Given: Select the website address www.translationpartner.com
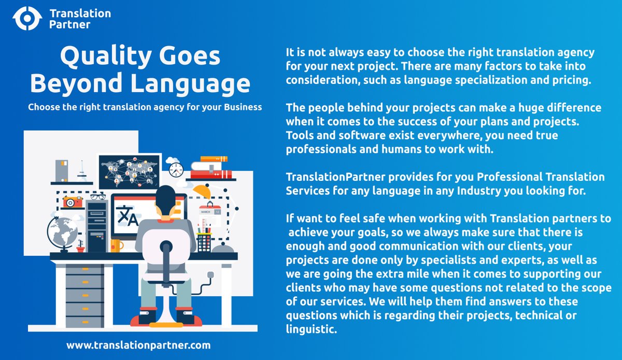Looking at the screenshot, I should click(138, 344).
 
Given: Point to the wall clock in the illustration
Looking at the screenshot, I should click(176, 169).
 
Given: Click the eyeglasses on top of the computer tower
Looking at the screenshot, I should click(97, 197).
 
